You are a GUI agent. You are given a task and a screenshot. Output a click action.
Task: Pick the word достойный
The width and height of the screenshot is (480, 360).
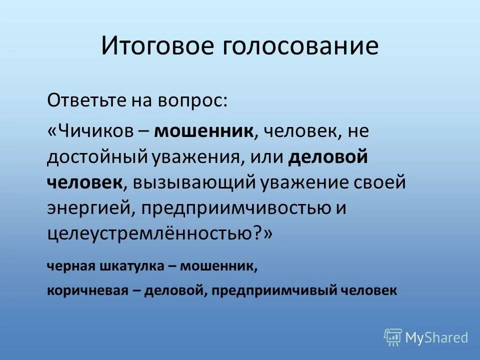click(97, 157)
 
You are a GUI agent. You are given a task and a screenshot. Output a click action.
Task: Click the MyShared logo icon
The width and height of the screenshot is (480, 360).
click(393, 337)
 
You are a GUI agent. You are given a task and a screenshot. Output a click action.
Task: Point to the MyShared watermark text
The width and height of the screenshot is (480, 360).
click(436, 337)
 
